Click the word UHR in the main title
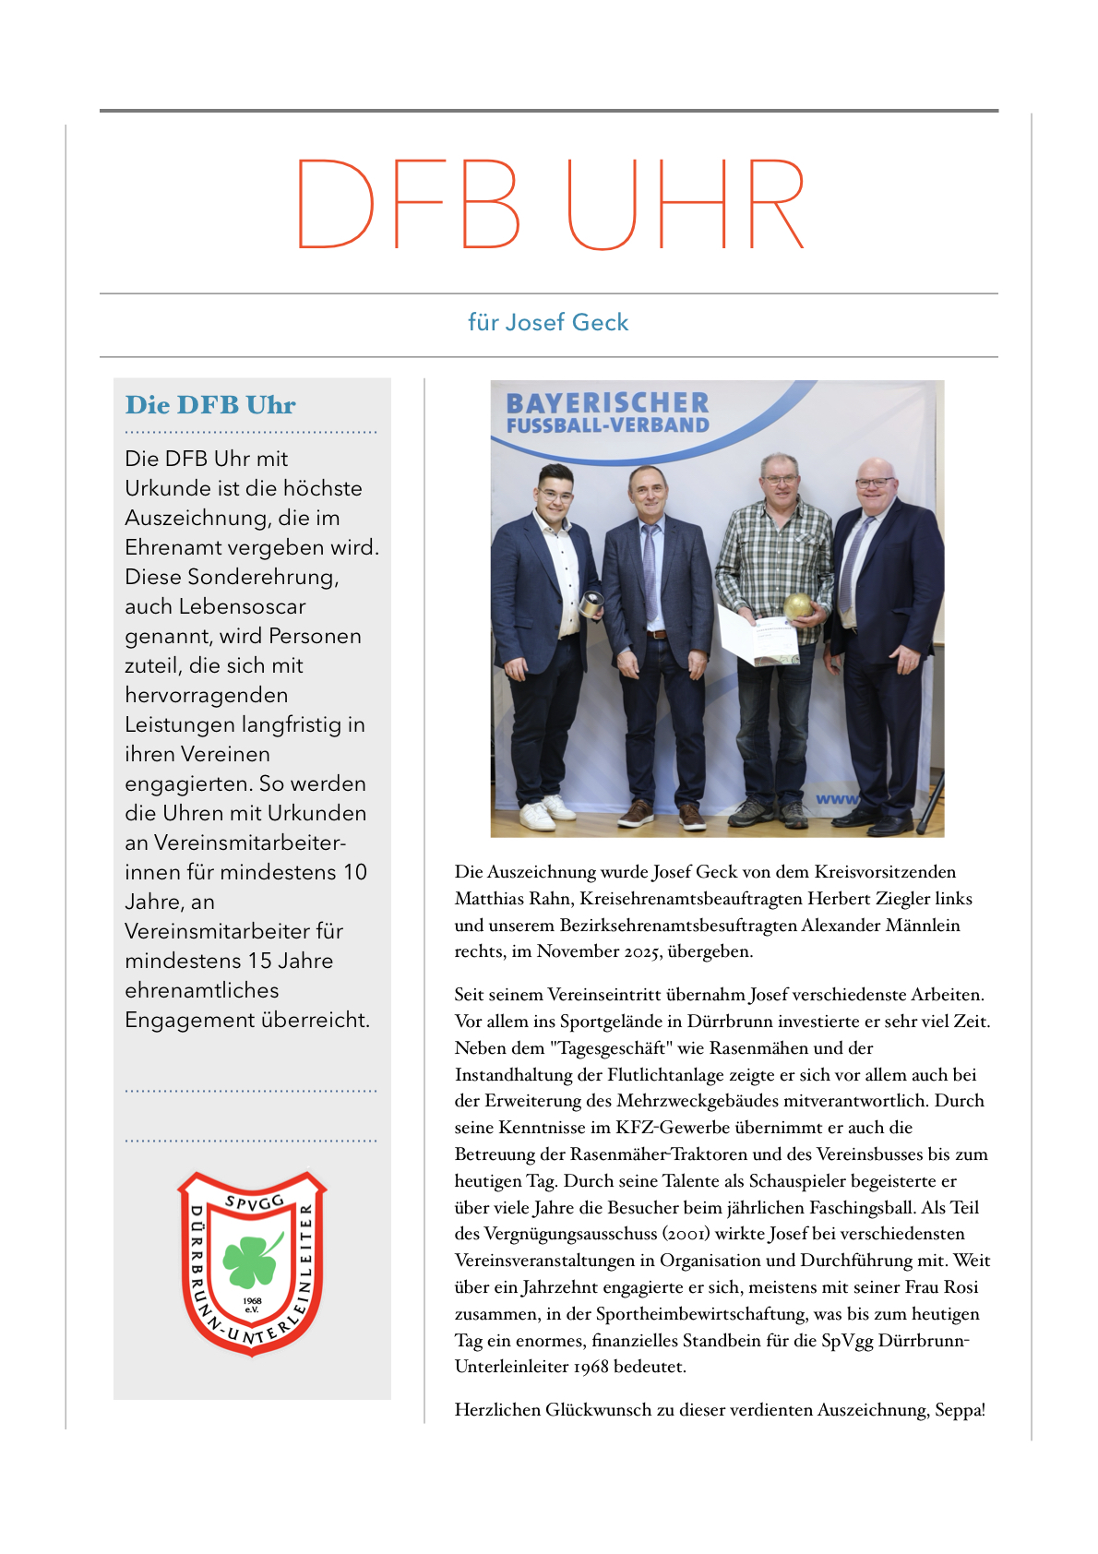point(686,204)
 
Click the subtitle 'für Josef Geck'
point(548,322)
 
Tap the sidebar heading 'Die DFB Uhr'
point(210,405)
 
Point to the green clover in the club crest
point(250,1260)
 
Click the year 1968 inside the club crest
point(252,1300)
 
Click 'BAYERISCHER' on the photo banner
point(607,403)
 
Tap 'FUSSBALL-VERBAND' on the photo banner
point(607,425)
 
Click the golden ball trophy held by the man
point(797,606)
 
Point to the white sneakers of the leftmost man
point(544,812)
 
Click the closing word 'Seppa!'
point(960,1410)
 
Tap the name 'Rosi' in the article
point(961,1287)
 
